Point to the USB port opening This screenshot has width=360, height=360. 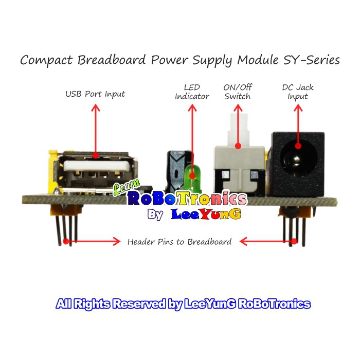pyautogui.click(x=95, y=167)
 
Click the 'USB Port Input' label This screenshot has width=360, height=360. pyautogui.click(x=95, y=94)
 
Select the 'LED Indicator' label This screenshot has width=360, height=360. pyautogui.click(x=192, y=92)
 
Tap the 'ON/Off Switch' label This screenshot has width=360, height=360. pyautogui.click(x=238, y=92)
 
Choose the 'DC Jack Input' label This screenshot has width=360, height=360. pyautogui.click(x=298, y=92)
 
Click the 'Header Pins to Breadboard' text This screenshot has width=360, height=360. pyautogui.click(x=179, y=241)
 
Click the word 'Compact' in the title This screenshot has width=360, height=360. pyautogui.click(x=46, y=60)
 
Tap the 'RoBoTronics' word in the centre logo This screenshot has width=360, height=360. pyautogui.click(x=187, y=199)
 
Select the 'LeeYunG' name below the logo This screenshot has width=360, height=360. pyautogui.click(x=206, y=214)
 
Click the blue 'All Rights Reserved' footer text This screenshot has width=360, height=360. pyautogui.click(x=183, y=304)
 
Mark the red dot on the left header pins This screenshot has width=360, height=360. pyautogui.click(x=66, y=241)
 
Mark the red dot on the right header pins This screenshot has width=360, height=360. pyautogui.click(x=294, y=241)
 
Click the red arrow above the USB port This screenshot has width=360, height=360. pyautogui.click(x=95, y=129)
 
